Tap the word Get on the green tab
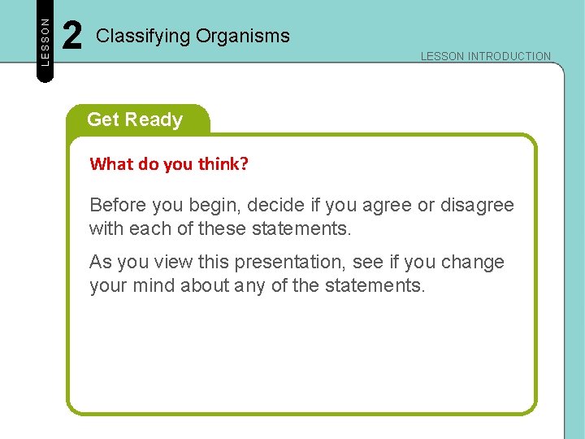pyautogui.click(x=102, y=120)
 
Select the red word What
pyautogui.click(x=111, y=163)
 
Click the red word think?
pyautogui.click(x=223, y=163)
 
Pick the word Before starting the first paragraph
pyautogui.click(x=116, y=205)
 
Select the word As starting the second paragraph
pyautogui.click(x=100, y=262)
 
